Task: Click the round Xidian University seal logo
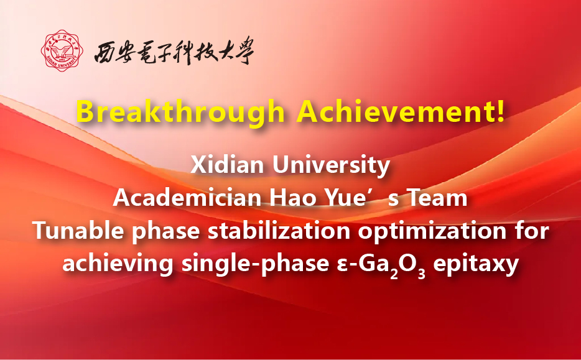point(62,51)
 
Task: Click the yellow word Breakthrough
point(180,112)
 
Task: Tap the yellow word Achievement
point(396,111)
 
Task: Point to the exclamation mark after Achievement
point(500,111)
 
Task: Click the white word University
point(332,166)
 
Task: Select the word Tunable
point(78,231)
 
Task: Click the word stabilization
point(279,231)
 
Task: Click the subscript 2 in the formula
point(394,274)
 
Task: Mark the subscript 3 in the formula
point(421,274)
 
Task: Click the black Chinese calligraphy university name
point(174,51)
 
